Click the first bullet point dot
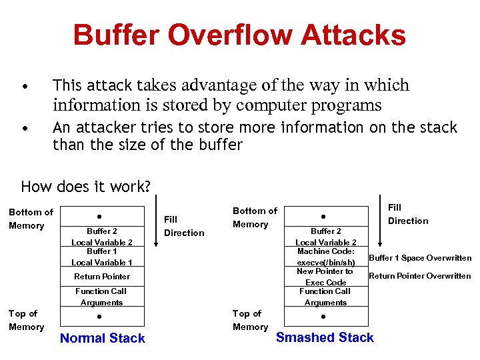[x=25, y=87]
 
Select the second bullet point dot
[x=25, y=129]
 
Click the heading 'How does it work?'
[x=86, y=186]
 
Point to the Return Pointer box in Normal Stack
[x=102, y=277]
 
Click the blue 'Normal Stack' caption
[x=102, y=338]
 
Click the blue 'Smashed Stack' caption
[x=325, y=337]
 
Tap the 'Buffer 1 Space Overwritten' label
[x=420, y=258]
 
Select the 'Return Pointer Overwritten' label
[x=420, y=276]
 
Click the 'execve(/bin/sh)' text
[x=325, y=263]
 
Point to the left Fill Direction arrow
[x=155, y=223]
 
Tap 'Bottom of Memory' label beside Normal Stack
[x=31, y=219]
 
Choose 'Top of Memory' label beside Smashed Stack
[x=250, y=320]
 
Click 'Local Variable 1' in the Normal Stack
[x=102, y=263]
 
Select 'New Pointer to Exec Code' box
[x=325, y=277]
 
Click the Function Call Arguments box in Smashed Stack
[x=325, y=297]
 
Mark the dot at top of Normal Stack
[x=99, y=217]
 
